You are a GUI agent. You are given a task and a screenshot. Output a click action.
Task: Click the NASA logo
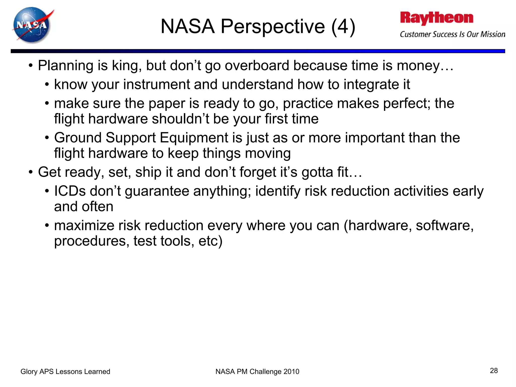click(32, 25)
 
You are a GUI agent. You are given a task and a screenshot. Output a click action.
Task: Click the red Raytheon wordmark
click(437, 18)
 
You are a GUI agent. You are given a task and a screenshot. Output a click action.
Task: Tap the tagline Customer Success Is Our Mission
click(453, 34)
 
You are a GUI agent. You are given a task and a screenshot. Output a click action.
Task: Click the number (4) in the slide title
click(343, 26)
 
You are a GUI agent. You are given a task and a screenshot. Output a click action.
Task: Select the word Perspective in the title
click(273, 26)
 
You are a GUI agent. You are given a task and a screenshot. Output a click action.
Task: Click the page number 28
click(494, 370)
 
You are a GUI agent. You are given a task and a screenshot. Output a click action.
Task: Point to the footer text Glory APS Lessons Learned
click(65, 371)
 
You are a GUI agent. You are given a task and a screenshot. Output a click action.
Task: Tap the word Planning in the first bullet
click(66, 66)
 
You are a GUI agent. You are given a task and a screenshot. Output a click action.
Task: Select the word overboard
click(257, 66)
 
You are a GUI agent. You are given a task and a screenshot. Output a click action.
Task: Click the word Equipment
click(194, 138)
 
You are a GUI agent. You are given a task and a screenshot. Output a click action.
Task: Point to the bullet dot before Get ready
click(30, 173)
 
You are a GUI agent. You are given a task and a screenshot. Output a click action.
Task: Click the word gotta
click(317, 172)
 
